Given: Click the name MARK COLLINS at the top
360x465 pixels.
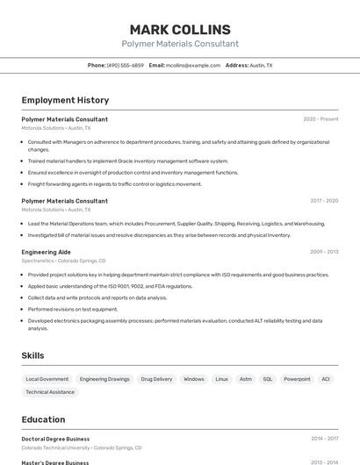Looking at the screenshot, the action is coord(180,29).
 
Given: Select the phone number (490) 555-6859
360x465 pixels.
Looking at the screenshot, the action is coord(126,65).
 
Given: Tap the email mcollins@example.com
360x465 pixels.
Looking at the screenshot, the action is coord(193,65).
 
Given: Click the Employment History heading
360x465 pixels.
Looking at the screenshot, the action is coord(65,100).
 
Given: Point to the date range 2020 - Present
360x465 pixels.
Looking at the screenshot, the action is coord(320,119).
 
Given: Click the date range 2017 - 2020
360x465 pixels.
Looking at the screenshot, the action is coord(324,201).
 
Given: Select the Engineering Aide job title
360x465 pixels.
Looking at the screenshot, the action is coord(47,252).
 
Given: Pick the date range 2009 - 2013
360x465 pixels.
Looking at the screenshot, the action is coord(324,252).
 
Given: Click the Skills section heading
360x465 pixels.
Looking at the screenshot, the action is coord(32,355).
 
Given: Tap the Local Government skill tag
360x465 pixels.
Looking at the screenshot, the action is coord(47,379).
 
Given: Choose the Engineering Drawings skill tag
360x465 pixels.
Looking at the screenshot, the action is coord(104,379).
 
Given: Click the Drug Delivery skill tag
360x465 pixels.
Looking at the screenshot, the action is coord(156,379).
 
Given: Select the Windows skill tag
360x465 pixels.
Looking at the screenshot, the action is coord(194,379).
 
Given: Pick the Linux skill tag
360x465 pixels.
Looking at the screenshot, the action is coord(221,379).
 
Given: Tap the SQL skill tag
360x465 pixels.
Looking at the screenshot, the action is coord(268,379).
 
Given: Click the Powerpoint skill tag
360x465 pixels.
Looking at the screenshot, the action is coord(297,379).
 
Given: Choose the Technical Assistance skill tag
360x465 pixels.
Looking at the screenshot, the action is coord(50,392).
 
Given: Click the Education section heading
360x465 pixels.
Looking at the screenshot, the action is coord(43,419).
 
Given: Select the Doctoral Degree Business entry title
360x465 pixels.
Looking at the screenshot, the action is coord(55,439).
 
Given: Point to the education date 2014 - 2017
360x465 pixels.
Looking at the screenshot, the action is coord(324,439).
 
